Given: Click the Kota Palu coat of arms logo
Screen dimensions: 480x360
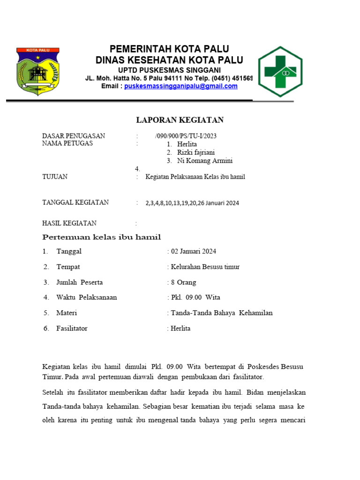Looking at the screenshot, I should coord(37,71).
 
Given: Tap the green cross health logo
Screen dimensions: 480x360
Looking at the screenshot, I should coord(280,71).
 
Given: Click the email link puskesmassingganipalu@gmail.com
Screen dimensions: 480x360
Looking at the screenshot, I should coord(180,86).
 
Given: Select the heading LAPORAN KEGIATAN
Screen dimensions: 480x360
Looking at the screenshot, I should coord(180,120).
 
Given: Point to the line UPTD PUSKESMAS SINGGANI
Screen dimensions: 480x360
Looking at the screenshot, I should coord(169,69).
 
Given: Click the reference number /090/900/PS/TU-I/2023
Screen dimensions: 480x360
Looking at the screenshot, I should coord(186,136).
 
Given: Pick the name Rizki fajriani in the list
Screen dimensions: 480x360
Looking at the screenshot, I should coord(196,152).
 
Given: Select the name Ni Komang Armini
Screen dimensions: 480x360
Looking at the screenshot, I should coord(204,161).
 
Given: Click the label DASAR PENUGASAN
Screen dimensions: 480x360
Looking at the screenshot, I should coord(74,136).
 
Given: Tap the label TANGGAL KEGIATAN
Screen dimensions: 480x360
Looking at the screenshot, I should coord(75,202).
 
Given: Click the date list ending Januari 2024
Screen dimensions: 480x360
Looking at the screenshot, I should coord(192,203).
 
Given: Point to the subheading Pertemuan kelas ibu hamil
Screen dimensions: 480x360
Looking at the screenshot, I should coord(102,237).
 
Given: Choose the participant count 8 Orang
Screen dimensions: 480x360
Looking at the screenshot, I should coord(183,282).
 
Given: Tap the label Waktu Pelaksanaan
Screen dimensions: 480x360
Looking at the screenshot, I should coord(87,297).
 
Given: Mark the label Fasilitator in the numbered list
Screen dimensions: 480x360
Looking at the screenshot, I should coord(72,328).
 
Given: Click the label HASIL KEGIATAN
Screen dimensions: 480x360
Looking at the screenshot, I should coord(69,223).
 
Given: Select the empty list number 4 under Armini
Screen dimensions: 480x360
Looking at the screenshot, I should coord(137,169).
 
